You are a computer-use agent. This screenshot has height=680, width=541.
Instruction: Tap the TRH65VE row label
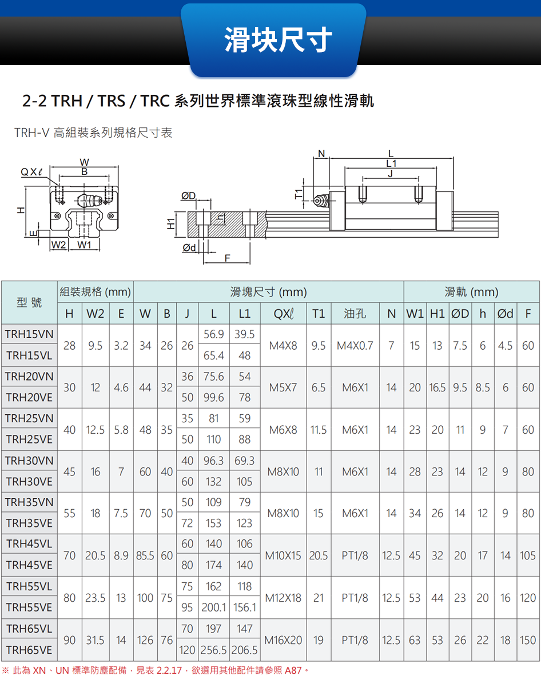pos(29,650)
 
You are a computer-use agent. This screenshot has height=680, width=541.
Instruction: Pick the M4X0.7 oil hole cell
pos(355,345)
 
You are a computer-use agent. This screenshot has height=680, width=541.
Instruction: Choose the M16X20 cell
pos(285,640)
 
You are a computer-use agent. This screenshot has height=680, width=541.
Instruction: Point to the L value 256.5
pos(213,650)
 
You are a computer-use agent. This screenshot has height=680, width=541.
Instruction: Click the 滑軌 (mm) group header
pos(471,293)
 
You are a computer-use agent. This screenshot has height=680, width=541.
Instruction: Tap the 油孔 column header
pos(355,314)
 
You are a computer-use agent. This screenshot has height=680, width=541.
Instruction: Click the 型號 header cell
pos(29,303)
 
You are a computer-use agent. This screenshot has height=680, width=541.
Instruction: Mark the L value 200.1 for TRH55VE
pos(213,608)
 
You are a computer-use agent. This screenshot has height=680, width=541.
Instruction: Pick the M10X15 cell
pos(285,555)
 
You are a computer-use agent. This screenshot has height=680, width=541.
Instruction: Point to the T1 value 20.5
pos(319,555)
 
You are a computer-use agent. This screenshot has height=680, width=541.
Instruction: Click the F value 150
pos(528,640)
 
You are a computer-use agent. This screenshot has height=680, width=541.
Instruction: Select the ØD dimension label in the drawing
pos(188,197)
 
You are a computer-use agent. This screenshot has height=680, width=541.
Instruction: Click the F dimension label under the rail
pos(227,258)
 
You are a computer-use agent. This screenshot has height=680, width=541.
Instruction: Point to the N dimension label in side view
pos(321,153)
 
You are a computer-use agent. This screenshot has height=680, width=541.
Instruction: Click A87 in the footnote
pos(293,669)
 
